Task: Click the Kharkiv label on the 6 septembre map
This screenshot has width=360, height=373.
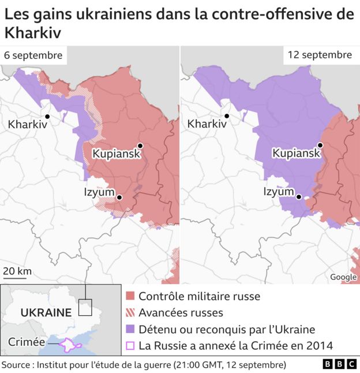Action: (27, 124)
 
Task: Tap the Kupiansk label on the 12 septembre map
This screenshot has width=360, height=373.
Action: (296, 154)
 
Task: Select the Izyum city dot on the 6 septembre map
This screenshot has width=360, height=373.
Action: (119, 197)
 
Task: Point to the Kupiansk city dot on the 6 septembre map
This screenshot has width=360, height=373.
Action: (140, 146)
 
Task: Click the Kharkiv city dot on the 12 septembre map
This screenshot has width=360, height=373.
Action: (227, 116)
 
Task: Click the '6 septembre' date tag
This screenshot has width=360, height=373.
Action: (33, 56)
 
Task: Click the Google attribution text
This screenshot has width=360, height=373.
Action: (343, 277)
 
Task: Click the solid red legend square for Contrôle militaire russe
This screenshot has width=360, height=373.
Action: (130, 296)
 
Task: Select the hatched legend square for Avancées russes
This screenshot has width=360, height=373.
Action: (130, 313)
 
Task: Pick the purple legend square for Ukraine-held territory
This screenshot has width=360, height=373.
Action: (130, 330)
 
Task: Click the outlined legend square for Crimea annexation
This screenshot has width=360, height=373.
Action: (130, 346)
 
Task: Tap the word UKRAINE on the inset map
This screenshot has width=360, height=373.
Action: (46, 312)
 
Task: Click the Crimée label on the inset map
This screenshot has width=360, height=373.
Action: (26, 342)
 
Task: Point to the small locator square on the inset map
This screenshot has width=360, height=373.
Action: (85, 307)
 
